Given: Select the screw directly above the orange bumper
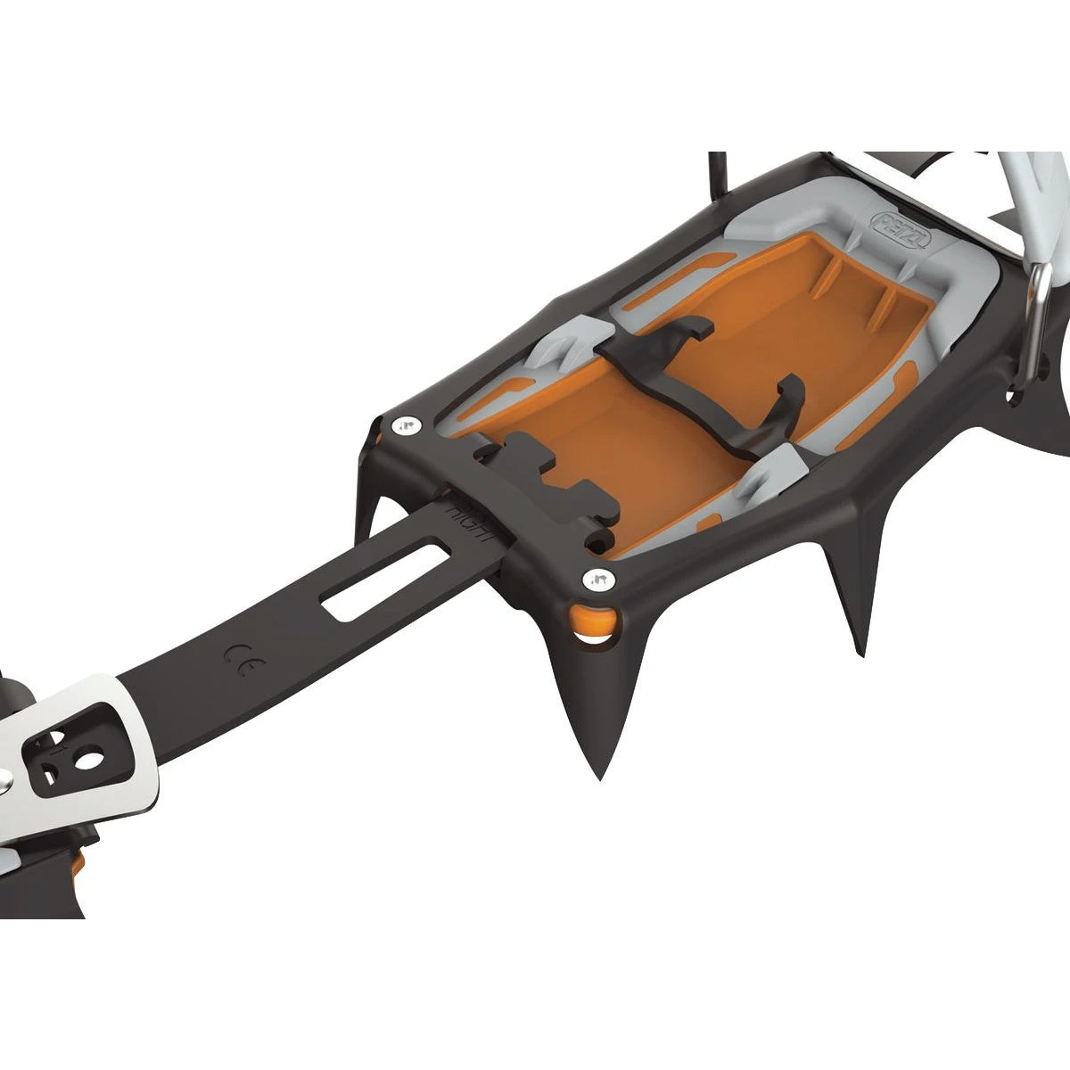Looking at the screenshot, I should (x=595, y=580).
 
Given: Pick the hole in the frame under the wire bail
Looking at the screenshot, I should (x=1013, y=396).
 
